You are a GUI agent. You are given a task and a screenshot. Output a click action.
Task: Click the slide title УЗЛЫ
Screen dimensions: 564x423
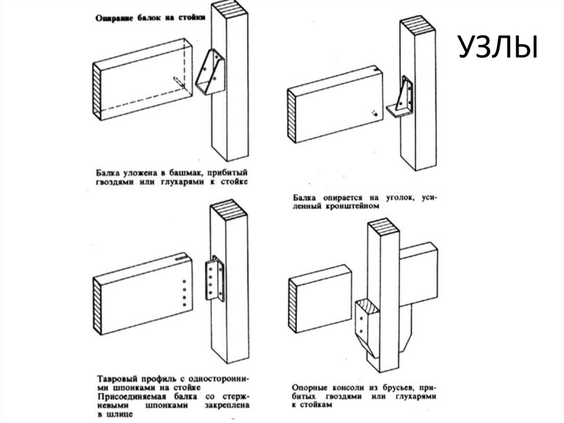pos(497,48)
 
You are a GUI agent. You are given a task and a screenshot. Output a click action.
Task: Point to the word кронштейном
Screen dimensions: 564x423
pos(353,206)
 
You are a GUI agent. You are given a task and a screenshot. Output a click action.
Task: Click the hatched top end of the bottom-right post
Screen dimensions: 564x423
pos(383,227)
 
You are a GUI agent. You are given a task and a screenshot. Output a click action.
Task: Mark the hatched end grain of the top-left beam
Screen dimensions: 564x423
pos(98,89)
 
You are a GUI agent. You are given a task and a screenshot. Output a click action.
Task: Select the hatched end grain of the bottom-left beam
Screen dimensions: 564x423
pos(98,307)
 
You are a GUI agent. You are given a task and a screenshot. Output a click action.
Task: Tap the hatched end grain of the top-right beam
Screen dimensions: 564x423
pos(292,116)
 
